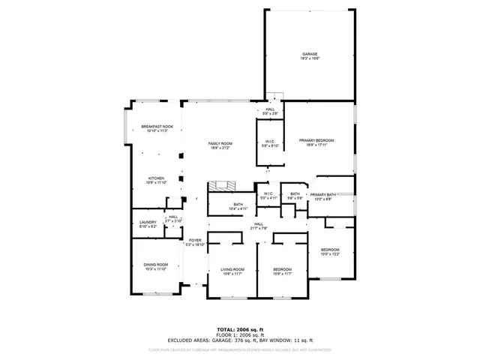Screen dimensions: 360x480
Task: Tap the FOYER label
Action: pyautogui.click(x=195, y=242)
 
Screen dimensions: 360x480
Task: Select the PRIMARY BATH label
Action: pyautogui.click(x=323, y=196)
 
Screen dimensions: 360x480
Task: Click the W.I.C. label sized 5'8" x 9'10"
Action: pyautogui.click(x=269, y=144)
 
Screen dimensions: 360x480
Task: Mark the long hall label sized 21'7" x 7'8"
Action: pyautogui.click(x=259, y=226)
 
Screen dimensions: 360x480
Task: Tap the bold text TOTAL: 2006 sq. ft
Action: pyautogui.click(x=239, y=329)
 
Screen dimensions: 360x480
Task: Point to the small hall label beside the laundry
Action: pyautogui.click(x=172, y=219)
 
